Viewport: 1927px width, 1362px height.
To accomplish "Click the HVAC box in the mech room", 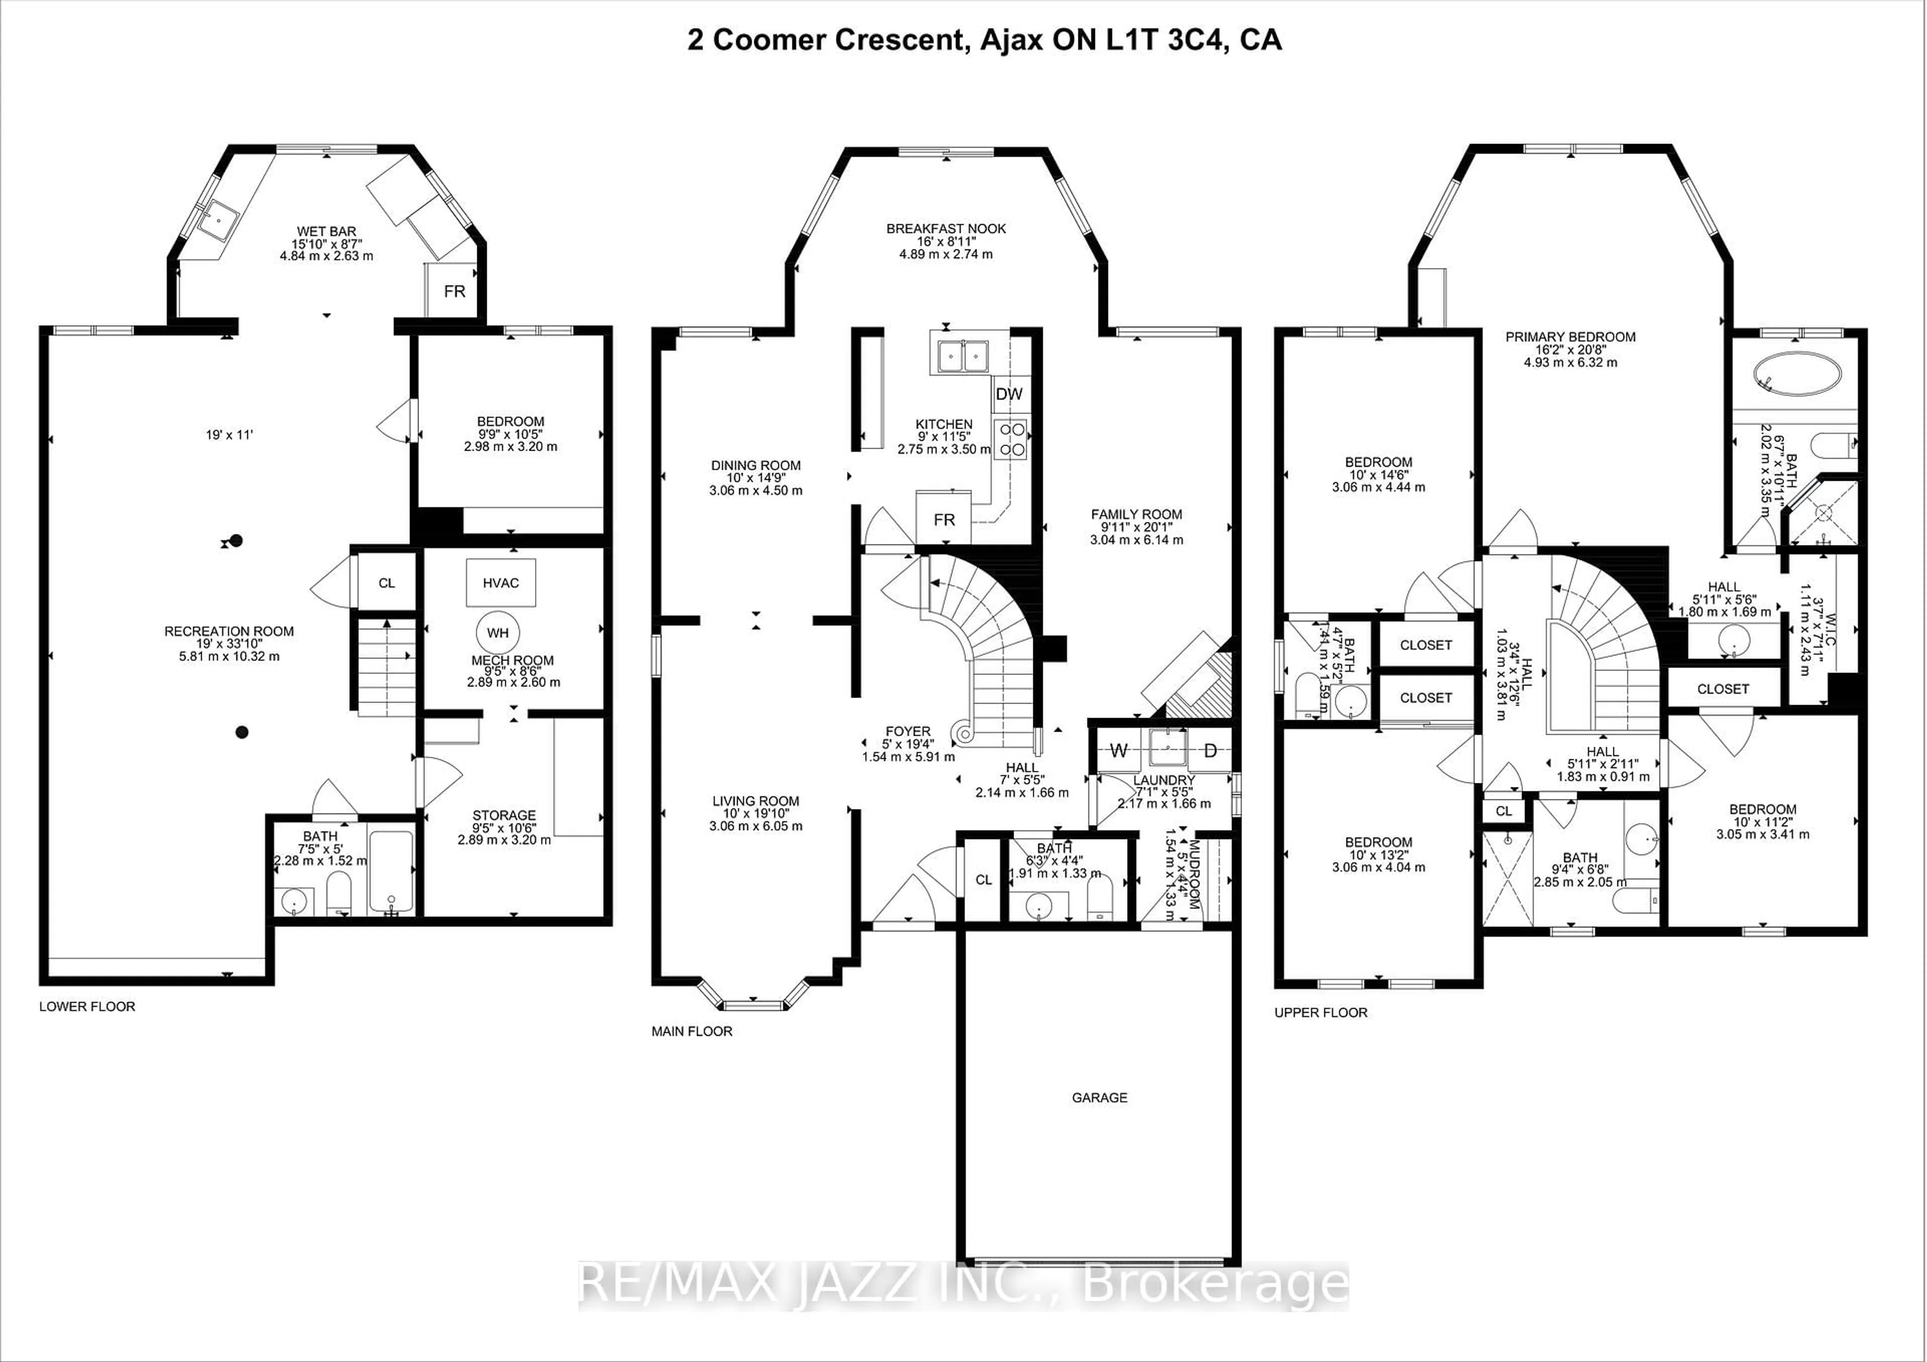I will [500, 583].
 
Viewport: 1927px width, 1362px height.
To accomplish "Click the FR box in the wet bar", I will [454, 291].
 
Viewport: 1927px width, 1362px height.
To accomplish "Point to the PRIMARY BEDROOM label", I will [1570, 337].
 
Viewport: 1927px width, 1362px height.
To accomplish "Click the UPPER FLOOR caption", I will [1320, 1013].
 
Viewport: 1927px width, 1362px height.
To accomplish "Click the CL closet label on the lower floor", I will [386, 583].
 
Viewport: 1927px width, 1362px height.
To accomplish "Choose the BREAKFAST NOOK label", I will [946, 228].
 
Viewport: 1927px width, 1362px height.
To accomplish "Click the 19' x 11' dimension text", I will [229, 435].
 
